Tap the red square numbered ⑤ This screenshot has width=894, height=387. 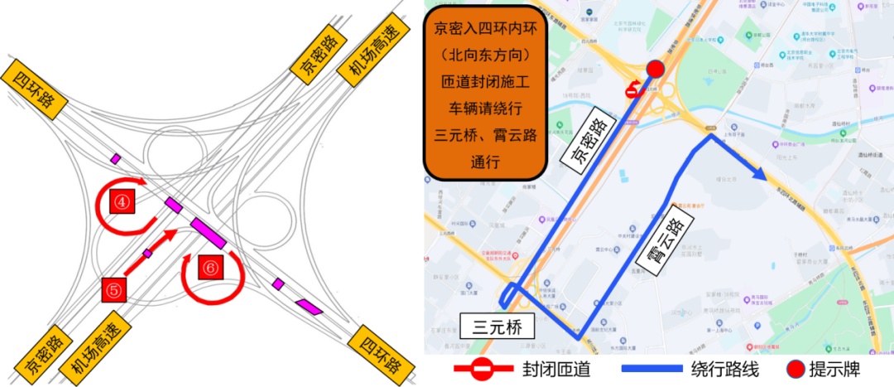click(114, 290)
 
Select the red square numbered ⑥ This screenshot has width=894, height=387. click(211, 268)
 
